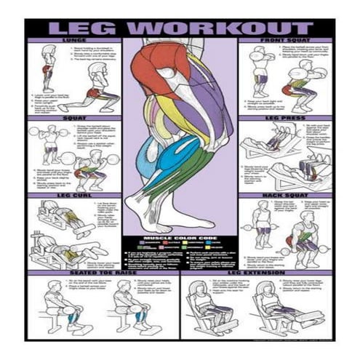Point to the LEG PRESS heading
[286, 117]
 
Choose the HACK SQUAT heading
[286, 196]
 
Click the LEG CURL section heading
[74, 196]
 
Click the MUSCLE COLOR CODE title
[180, 238]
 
